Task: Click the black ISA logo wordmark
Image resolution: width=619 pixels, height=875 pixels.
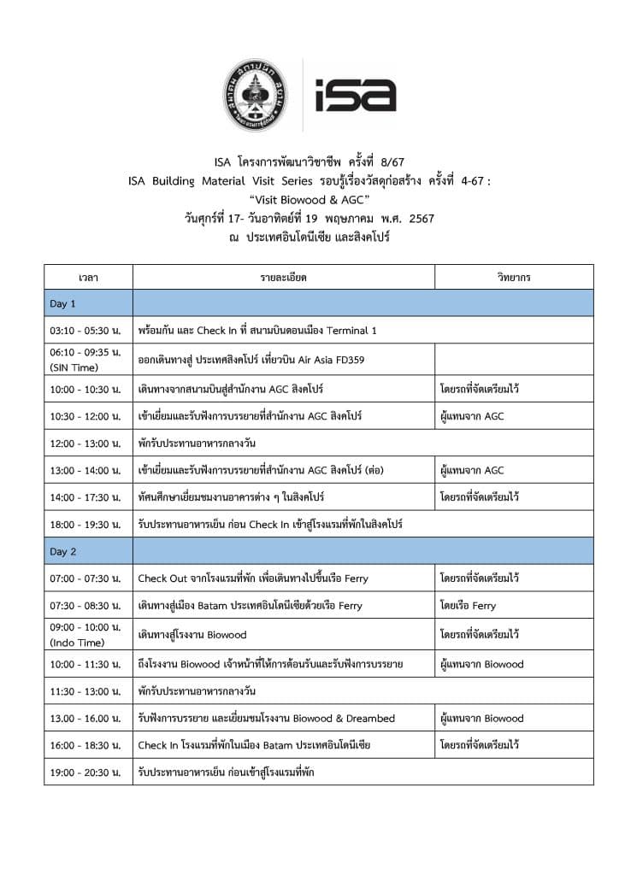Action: [x=355, y=96]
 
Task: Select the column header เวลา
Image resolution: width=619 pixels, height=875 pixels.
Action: [x=88, y=278]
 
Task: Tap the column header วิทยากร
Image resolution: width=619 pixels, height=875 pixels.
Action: [x=514, y=278]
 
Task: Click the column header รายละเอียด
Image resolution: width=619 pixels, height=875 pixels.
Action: [x=284, y=278]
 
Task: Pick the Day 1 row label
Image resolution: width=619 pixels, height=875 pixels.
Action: [x=63, y=303]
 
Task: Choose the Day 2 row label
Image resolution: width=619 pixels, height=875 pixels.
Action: [x=63, y=551]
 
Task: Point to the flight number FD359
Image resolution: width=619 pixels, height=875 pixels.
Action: [x=347, y=360]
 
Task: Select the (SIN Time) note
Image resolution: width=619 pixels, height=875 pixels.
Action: [x=75, y=367]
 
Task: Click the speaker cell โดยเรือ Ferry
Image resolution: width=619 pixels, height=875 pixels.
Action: [x=468, y=606]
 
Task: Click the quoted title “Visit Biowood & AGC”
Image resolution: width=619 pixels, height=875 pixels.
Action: [x=309, y=199]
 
